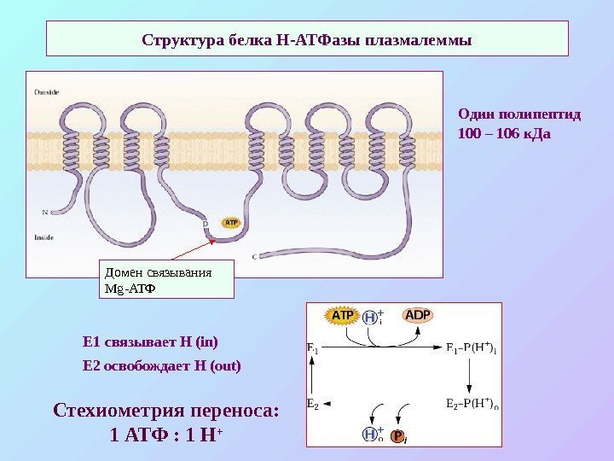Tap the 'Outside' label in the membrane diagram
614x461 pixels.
[x=47, y=90]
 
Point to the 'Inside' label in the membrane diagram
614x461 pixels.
[x=44, y=236]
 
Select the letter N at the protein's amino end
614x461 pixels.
[x=44, y=210]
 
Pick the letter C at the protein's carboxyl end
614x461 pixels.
[x=255, y=255]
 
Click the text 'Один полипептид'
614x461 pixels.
[x=518, y=113]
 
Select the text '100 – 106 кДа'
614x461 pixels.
[x=505, y=134]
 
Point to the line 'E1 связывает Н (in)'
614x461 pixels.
[x=150, y=342]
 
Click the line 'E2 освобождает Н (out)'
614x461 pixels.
[x=162, y=365]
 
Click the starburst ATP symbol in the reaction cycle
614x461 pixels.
[x=341, y=316]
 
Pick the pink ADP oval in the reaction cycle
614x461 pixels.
[x=418, y=315]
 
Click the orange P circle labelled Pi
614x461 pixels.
[x=397, y=436]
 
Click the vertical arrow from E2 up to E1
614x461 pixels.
[x=314, y=376]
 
